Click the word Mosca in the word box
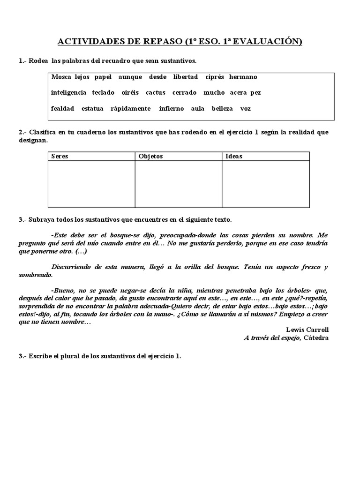click(x=61, y=77)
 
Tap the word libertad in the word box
click(x=185, y=77)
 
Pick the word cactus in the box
click(x=155, y=93)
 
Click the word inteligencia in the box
click(x=68, y=93)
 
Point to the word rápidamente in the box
click(x=130, y=109)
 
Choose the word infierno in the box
click(x=171, y=109)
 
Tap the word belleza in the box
click(x=222, y=109)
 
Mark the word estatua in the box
click(x=92, y=109)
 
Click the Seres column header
click(x=60, y=156)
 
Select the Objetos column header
click(x=151, y=156)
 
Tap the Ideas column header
click(x=234, y=156)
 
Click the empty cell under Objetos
click(x=179, y=184)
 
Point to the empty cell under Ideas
click(x=266, y=184)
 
